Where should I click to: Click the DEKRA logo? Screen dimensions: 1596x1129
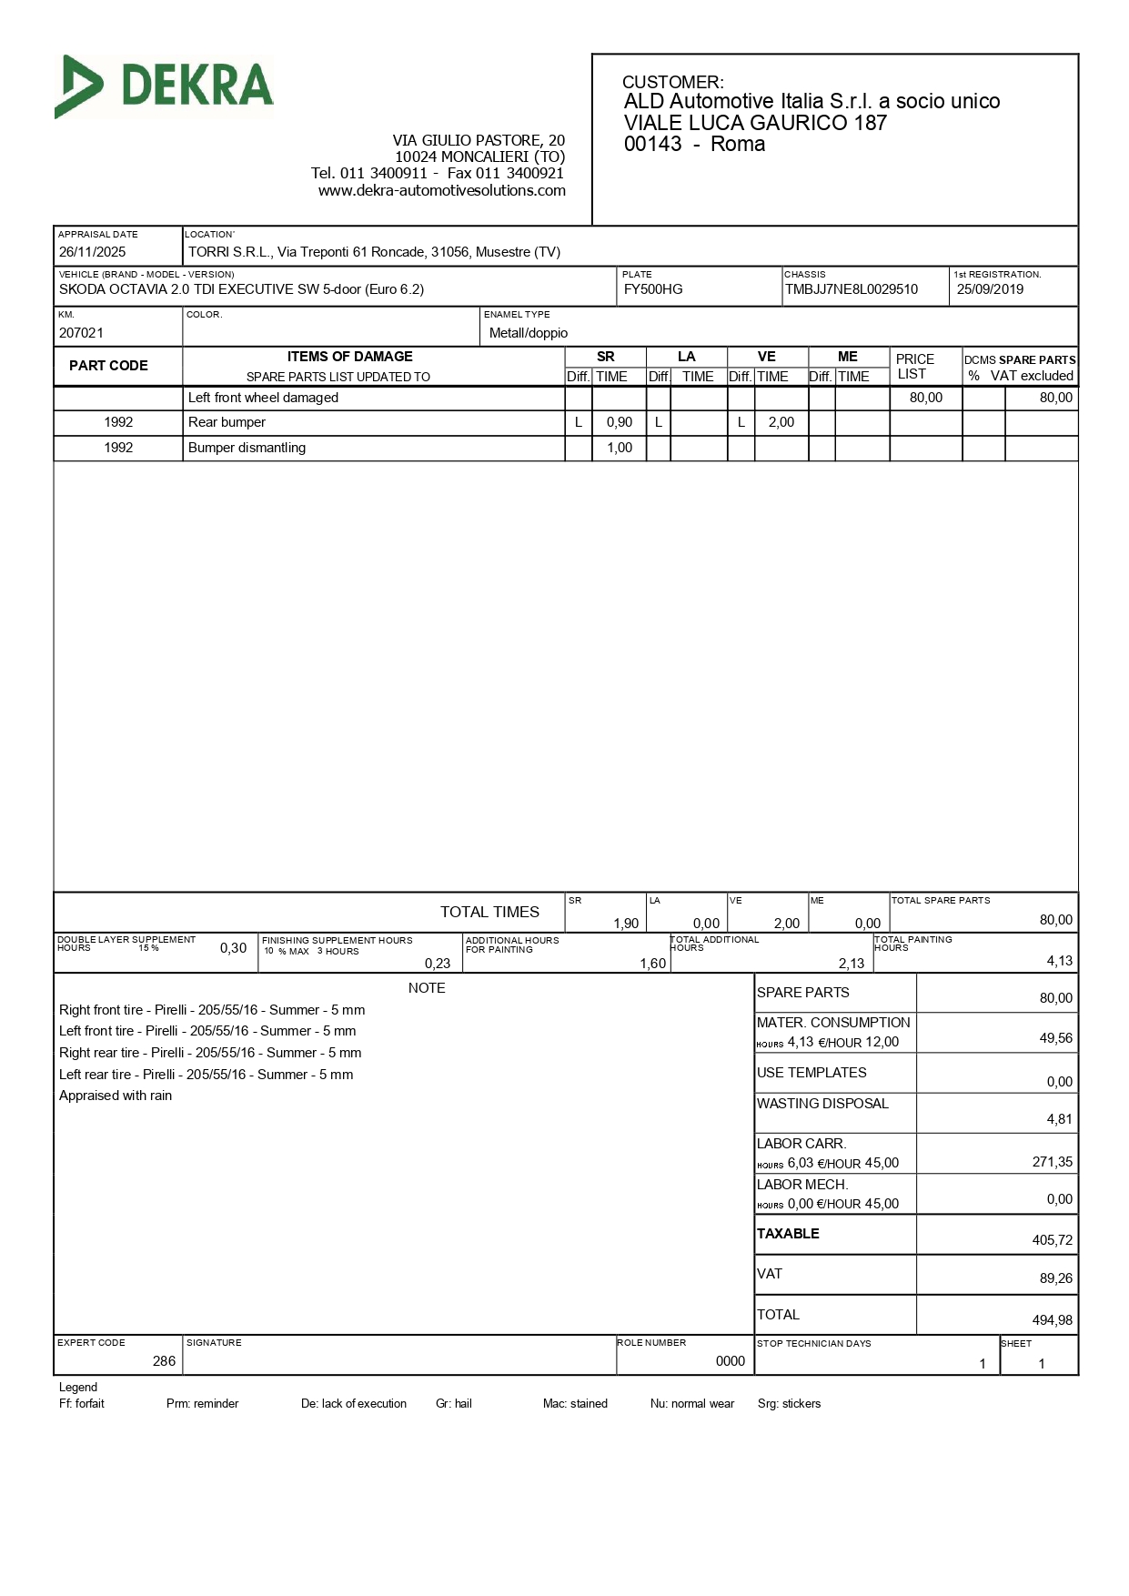[165, 86]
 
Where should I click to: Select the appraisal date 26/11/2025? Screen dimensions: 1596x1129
[92, 252]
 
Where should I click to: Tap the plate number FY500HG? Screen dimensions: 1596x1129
[653, 289]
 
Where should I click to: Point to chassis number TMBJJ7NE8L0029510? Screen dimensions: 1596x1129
[852, 289]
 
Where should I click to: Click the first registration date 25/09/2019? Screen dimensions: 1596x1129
[990, 289]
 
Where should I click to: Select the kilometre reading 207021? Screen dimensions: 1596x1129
[81, 333]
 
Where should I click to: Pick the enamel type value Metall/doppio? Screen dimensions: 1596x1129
[529, 333]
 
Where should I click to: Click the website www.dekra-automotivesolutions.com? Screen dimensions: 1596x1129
[441, 190]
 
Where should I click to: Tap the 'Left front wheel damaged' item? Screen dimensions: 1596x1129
[263, 398]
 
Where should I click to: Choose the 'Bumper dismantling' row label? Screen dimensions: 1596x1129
[247, 448]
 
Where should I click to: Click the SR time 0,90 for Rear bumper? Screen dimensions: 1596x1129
[620, 422]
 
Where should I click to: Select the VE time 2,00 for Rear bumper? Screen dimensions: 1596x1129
[781, 422]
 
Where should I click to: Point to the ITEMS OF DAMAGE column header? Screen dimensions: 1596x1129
[349, 357]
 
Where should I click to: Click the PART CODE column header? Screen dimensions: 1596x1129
[108, 366]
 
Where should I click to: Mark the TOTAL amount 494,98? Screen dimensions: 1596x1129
[1052, 1320]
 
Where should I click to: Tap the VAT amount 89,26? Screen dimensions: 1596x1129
[1055, 1278]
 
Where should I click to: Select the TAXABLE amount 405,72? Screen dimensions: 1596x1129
[1052, 1240]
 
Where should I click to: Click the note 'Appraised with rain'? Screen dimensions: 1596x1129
[116, 1096]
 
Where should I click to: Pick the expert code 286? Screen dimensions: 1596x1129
[164, 1361]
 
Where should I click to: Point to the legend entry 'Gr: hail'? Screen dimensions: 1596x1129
[453, 1404]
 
